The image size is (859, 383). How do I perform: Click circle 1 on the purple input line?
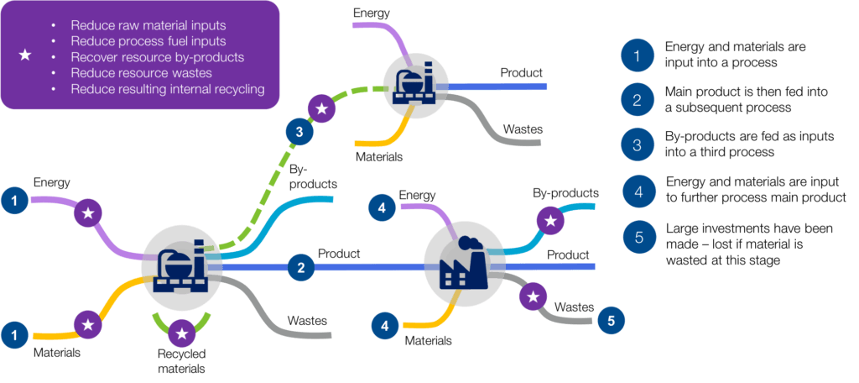click(x=14, y=200)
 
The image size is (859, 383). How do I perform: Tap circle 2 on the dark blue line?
click(x=300, y=267)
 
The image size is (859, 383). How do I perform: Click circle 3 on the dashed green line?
click(x=299, y=131)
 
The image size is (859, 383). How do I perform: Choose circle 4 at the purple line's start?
click(x=383, y=207)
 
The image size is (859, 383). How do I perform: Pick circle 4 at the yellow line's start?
click(x=384, y=324)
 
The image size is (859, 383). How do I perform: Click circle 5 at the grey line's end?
click(x=611, y=320)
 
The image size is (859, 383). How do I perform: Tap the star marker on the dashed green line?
click(x=320, y=108)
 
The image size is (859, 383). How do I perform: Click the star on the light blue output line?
click(x=550, y=221)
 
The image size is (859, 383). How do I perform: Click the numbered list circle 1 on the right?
click(x=637, y=56)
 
